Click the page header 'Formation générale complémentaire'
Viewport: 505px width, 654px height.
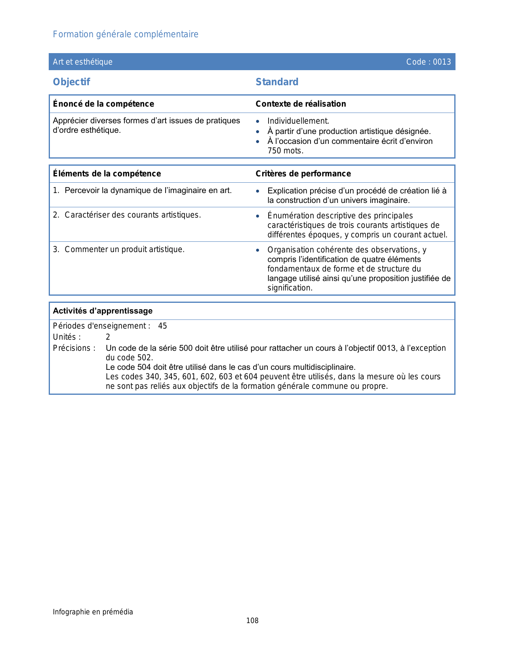(x=126, y=34)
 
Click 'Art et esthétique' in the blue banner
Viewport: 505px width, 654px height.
(x=82, y=62)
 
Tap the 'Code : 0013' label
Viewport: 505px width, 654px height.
(x=429, y=62)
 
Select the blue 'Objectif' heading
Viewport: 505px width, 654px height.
(x=71, y=82)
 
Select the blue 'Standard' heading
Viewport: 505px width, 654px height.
(x=277, y=82)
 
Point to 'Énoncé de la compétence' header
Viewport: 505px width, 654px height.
(x=103, y=104)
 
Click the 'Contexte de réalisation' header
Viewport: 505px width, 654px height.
(x=301, y=104)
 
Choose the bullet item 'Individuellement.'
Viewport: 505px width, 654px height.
(x=298, y=121)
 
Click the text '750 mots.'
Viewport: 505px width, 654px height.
(x=285, y=151)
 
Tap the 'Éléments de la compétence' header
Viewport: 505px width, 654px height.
(x=107, y=174)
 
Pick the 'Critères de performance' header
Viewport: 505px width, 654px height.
(x=303, y=174)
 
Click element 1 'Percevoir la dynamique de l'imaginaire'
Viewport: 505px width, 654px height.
(x=148, y=191)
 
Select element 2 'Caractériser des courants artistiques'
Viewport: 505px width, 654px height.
(x=133, y=215)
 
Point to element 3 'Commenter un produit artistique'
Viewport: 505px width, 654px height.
(x=124, y=249)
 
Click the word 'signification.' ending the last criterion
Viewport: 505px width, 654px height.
(x=290, y=288)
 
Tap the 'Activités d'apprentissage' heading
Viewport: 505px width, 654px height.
(x=103, y=311)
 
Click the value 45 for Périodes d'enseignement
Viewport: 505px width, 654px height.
(x=162, y=326)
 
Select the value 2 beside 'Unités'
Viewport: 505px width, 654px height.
(x=108, y=337)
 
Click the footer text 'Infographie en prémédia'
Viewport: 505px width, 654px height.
(x=93, y=612)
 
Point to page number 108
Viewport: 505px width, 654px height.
(x=252, y=621)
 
